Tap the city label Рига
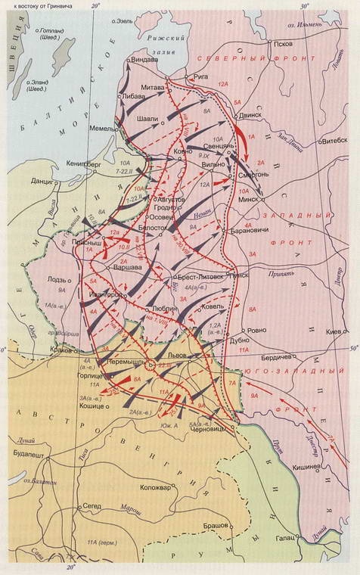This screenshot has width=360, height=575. [x=200, y=76]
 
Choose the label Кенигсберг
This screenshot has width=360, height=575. [x=63, y=162]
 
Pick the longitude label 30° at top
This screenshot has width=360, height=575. [x=304, y=6]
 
